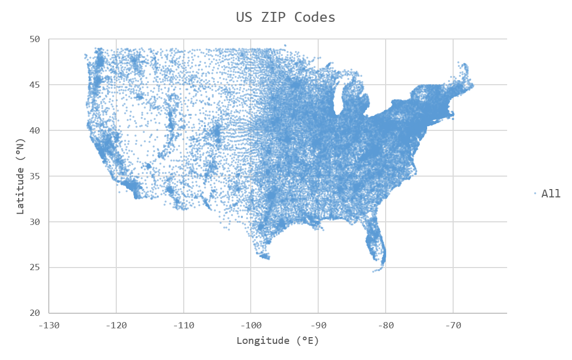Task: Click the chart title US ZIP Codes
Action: (x=285, y=17)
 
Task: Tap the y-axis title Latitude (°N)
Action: (x=20, y=176)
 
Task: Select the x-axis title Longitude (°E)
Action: (x=278, y=341)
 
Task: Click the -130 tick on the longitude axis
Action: (x=49, y=326)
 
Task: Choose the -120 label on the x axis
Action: (x=116, y=326)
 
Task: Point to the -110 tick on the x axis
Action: (x=184, y=326)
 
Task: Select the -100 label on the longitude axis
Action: (x=251, y=326)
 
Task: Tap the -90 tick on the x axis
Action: (x=319, y=326)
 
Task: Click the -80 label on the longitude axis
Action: (x=386, y=326)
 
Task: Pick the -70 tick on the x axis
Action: (x=454, y=326)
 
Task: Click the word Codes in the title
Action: (x=315, y=17)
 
